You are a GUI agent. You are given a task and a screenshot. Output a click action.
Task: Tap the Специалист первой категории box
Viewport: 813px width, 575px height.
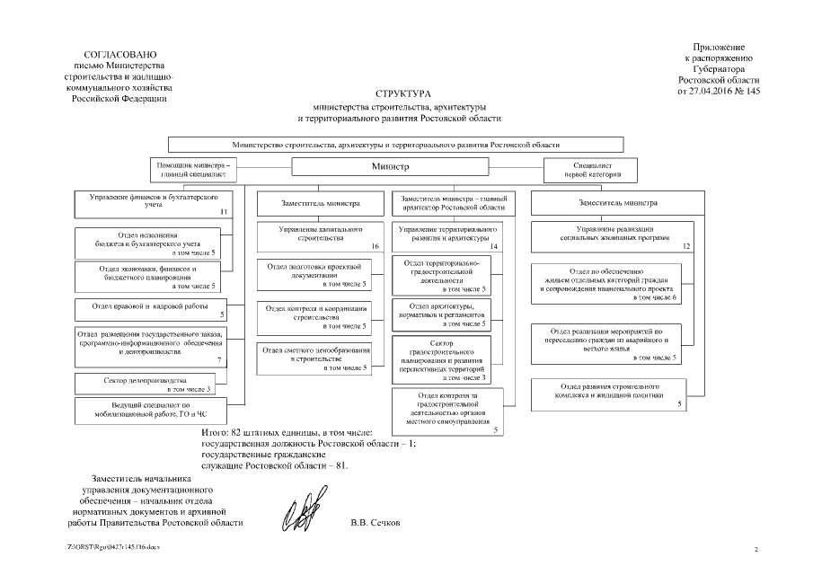[x=592, y=171]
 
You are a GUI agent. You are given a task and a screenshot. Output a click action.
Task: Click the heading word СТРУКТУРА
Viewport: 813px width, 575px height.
[x=404, y=93]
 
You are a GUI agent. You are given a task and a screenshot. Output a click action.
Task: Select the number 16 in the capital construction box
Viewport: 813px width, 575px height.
[x=375, y=246]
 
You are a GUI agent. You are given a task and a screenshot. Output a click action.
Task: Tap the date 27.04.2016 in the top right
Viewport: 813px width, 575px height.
[x=712, y=91]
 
